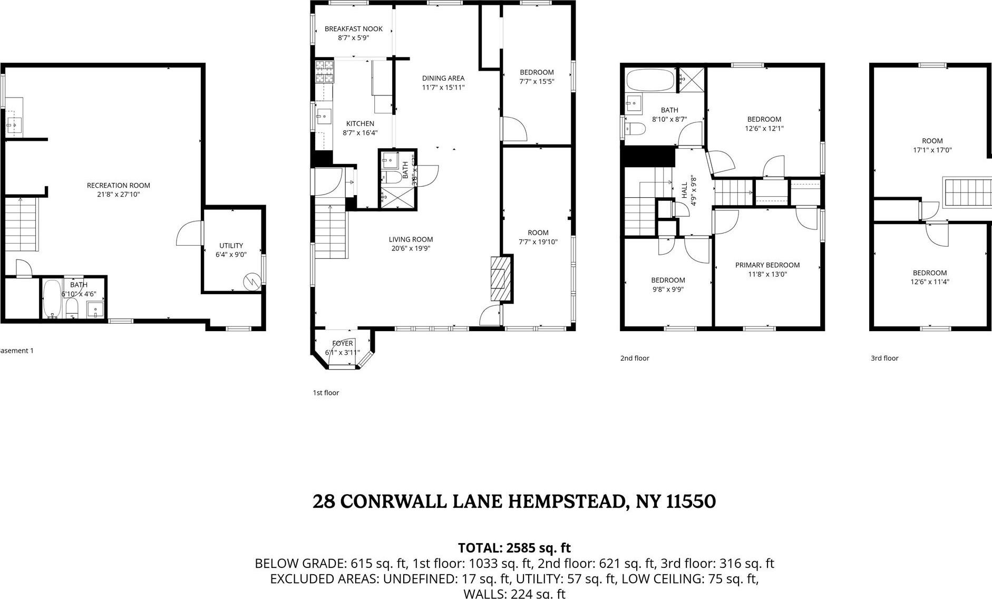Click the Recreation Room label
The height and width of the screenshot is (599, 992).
(x=118, y=185)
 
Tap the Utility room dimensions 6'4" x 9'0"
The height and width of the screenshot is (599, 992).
(x=231, y=255)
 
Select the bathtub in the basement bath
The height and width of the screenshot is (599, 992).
(x=52, y=299)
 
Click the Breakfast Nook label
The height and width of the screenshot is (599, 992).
(x=353, y=29)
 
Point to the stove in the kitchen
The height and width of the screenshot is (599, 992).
(x=324, y=72)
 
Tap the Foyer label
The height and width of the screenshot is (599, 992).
(x=342, y=343)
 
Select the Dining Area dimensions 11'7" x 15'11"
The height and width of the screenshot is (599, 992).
(x=443, y=88)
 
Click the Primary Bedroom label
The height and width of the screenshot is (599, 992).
(x=767, y=265)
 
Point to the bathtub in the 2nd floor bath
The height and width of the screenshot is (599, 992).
(x=650, y=81)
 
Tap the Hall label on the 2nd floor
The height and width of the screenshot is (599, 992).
(x=684, y=190)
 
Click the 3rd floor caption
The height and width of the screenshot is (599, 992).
(x=884, y=358)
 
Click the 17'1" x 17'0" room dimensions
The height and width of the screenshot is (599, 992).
(x=932, y=150)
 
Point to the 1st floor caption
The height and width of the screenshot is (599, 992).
(x=326, y=393)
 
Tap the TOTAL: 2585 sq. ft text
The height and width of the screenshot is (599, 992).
(x=514, y=547)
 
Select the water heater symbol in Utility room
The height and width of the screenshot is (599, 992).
(x=252, y=282)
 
